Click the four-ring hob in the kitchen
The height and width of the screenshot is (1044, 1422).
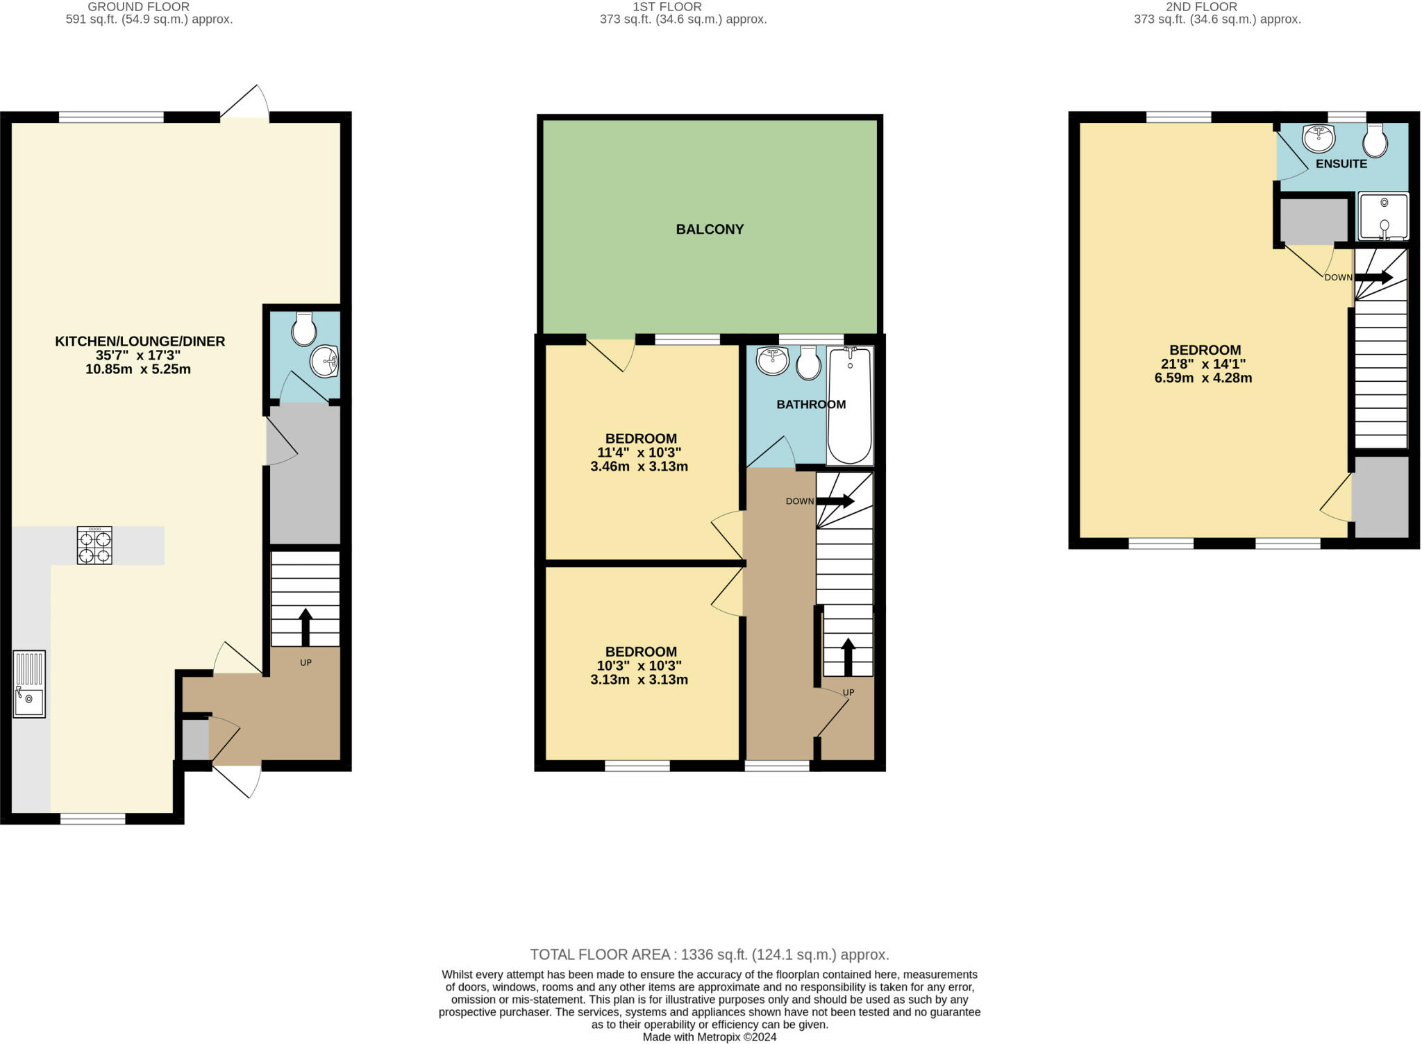pos(94,546)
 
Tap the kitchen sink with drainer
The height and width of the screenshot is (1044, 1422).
pos(29,684)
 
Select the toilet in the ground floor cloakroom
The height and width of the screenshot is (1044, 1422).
pos(304,329)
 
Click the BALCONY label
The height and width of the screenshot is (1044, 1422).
pos(710,229)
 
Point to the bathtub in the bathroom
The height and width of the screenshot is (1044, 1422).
pos(850,405)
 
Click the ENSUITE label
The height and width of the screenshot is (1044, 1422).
pos(1341,164)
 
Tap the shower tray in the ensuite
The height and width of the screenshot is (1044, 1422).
pos(1384,217)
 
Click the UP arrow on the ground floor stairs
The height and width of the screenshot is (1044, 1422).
pos(306,626)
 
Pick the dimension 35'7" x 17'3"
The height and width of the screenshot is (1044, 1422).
pos(138,355)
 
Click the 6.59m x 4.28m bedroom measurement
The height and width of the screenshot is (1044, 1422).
pos(1204,378)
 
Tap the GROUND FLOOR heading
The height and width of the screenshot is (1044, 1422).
pos(139,6)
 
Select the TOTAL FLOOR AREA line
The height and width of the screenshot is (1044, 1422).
pos(710,954)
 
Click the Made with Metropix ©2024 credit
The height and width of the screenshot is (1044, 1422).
pos(710,1037)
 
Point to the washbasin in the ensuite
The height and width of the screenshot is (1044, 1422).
pos(1319,139)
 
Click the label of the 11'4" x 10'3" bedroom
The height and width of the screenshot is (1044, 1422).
pos(641,439)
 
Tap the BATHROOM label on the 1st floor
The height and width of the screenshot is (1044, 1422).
pos(810,405)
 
